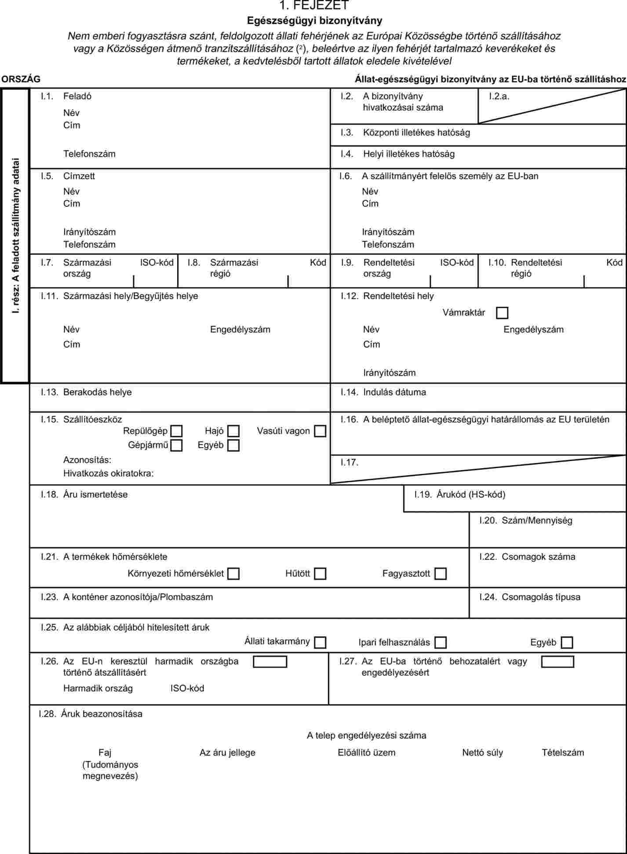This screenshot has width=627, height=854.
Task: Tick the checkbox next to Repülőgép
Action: (x=176, y=431)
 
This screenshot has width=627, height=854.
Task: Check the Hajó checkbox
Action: (x=233, y=431)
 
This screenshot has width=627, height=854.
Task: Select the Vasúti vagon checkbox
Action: (x=320, y=431)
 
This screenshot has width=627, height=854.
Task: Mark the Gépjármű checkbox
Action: (x=176, y=445)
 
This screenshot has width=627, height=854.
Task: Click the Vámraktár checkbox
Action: (x=502, y=313)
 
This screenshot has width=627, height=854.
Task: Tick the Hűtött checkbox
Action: (x=320, y=574)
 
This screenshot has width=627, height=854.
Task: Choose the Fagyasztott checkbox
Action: (x=440, y=574)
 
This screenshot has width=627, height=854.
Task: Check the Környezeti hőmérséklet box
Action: (x=233, y=574)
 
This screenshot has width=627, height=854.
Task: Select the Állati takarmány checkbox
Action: (x=320, y=642)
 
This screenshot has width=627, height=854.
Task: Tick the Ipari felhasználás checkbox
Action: (x=440, y=642)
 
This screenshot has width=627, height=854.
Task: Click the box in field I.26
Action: (x=270, y=662)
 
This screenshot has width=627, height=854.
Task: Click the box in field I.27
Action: (x=558, y=662)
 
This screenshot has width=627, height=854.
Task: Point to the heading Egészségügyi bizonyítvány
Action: (x=314, y=21)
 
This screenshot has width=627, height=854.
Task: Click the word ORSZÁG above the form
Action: (x=21, y=79)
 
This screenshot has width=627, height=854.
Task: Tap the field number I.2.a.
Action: (x=499, y=96)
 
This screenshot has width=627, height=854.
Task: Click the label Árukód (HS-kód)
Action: (x=471, y=495)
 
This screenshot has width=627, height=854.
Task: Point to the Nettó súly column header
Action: (x=482, y=753)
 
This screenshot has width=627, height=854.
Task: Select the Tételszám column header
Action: (x=563, y=753)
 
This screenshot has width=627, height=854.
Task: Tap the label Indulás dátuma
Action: (x=394, y=392)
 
